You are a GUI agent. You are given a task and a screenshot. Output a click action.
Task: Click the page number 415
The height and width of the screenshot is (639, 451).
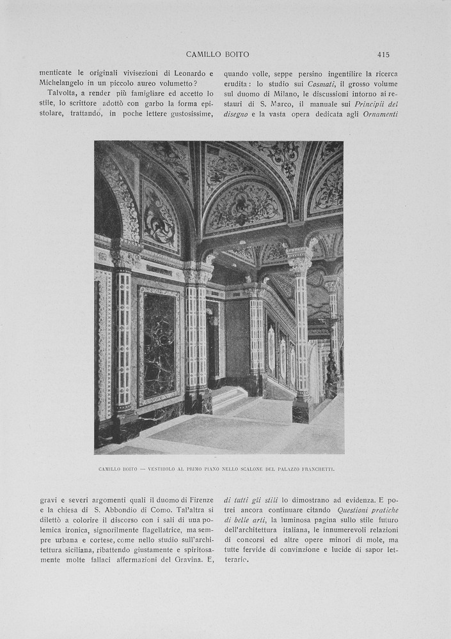click(383, 54)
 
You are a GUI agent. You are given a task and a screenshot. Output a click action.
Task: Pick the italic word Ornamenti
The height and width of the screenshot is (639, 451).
click(380, 114)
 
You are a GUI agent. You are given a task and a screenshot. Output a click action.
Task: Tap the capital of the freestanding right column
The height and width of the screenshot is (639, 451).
click(299, 260)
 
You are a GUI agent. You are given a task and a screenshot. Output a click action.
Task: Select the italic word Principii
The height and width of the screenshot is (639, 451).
click(374, 104)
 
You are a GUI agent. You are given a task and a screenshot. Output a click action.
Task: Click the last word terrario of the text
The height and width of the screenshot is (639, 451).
click(236, 560)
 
